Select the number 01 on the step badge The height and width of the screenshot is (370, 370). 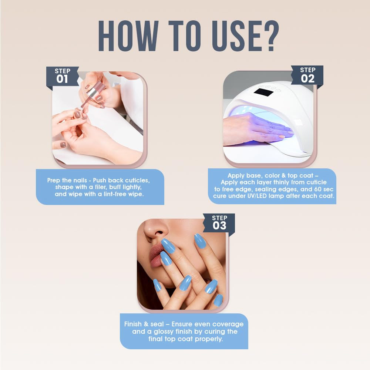[62, 79]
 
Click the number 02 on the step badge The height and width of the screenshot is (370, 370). [307, 78]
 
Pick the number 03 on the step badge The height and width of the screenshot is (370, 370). [219, 225]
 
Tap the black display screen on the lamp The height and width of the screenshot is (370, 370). [263, 92]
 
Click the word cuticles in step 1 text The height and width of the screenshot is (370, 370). [137, 181]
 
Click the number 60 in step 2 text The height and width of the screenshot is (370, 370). [318, 189]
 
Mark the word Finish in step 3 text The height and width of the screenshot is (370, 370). [133, 324]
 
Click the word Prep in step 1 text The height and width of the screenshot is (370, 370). [53, 181]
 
